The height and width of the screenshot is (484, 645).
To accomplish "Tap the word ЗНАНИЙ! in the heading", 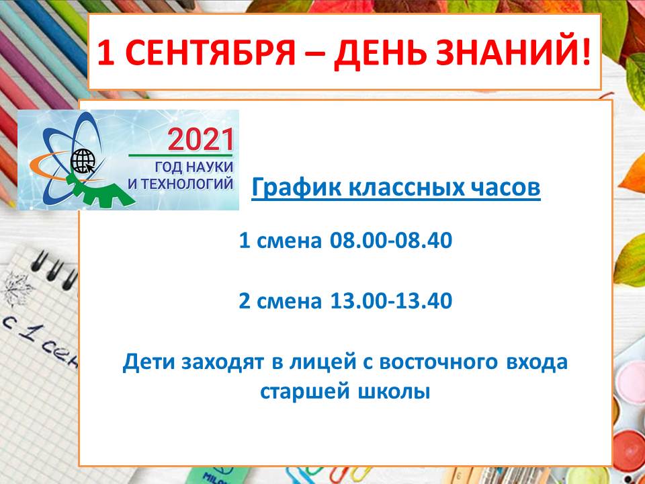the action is pos(513,52).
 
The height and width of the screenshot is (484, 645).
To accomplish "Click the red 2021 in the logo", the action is pos(201,139).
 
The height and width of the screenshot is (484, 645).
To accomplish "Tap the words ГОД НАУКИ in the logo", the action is pos(193,167).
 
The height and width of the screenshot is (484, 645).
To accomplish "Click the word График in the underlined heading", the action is pos(296,188).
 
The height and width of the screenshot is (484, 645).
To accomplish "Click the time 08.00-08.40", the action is pos(391,240).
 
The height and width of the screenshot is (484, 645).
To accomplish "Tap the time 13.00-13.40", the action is pos(391,300).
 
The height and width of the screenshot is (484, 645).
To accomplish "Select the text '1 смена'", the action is pos(280,241).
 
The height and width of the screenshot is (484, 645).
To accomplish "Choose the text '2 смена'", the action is pos(280,301).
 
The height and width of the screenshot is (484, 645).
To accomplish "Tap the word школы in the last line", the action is pos(394,392).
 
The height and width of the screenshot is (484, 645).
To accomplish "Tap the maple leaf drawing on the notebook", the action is pos(16,289).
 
